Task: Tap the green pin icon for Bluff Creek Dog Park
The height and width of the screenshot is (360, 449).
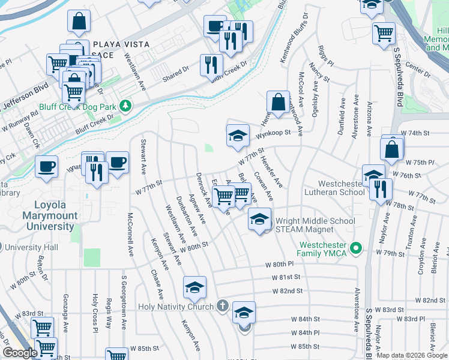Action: click(125, 106)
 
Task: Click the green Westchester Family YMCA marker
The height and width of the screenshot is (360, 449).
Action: click(355, 247)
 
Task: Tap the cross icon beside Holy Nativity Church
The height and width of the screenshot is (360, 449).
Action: click(222, 307)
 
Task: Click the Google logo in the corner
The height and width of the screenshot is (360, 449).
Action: click(19, 353)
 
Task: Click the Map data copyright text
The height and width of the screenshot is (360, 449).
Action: click(412, 355)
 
